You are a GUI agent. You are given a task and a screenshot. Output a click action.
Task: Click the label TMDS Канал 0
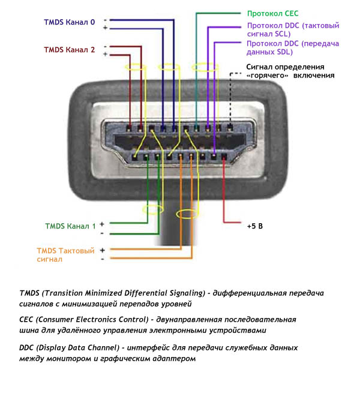click(69, 23)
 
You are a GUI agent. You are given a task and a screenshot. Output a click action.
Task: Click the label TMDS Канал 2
click(69, 50)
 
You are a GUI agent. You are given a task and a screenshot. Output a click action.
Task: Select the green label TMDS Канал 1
click(70, 226)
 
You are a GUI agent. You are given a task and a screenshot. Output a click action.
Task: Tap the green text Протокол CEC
click(272, 13)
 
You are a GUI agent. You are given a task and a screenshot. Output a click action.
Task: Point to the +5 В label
click(256, 227)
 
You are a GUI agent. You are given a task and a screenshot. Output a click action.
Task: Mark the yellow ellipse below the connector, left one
click(152, 210)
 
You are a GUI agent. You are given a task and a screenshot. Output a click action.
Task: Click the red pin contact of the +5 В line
click(223, 157)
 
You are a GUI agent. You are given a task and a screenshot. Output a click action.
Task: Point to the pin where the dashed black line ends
click(230, 127)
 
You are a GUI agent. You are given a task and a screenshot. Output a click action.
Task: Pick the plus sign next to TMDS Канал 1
click(102, 223)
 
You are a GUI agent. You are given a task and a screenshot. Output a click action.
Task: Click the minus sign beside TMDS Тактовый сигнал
click(102, 259)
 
